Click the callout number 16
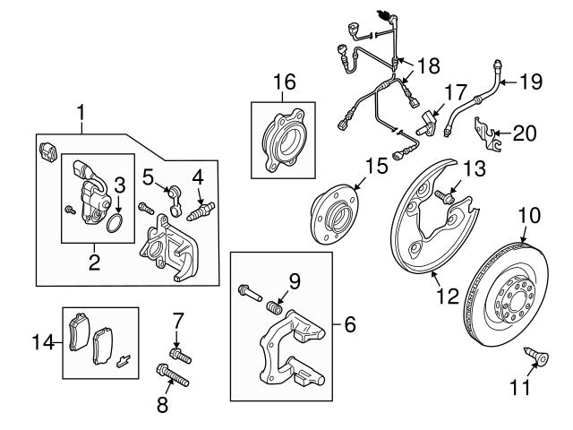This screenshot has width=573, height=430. pos(283,83)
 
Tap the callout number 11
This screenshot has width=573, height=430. pos(519,388)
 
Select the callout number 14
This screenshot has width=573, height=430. pos(41,341)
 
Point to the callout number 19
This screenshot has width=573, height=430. pos(531,82)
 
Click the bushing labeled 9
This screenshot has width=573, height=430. pos(277,309)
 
